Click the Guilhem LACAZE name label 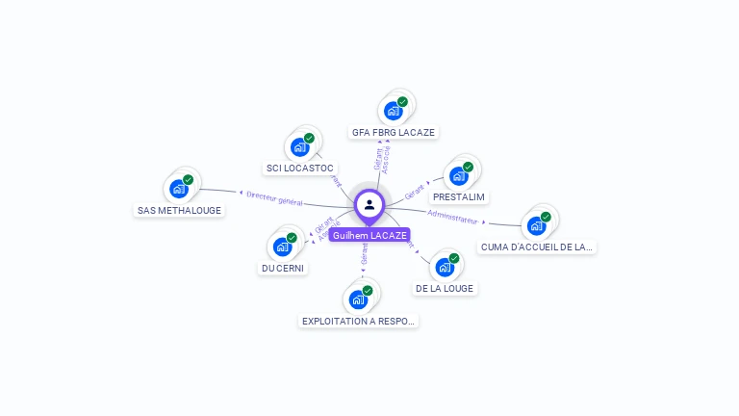click(x=369, y=235)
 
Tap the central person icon click(x=369, y=204)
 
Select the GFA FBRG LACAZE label click(x=395, y=132)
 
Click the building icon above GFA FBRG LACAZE click(x=394, y=111)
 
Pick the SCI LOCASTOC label click(x=300, y=168)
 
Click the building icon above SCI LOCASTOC click(x=300, y=147)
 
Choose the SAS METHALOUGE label click(x=179, y=210)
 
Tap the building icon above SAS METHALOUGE click(x=179, y=189)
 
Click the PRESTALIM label click(x=459, y=196)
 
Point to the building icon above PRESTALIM click(x=459, y=175)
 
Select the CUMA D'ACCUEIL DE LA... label click(x=536, y=247)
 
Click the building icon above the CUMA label click(x=536, y=226)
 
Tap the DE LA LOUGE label click(x=445, y=288)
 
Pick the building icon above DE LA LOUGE click(x=445, y=267)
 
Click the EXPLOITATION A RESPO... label click(x=359, y=321)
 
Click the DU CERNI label click(x=284, y=268)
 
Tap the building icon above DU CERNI click(x=283, y=247)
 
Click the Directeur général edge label click(x=274, y=198)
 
